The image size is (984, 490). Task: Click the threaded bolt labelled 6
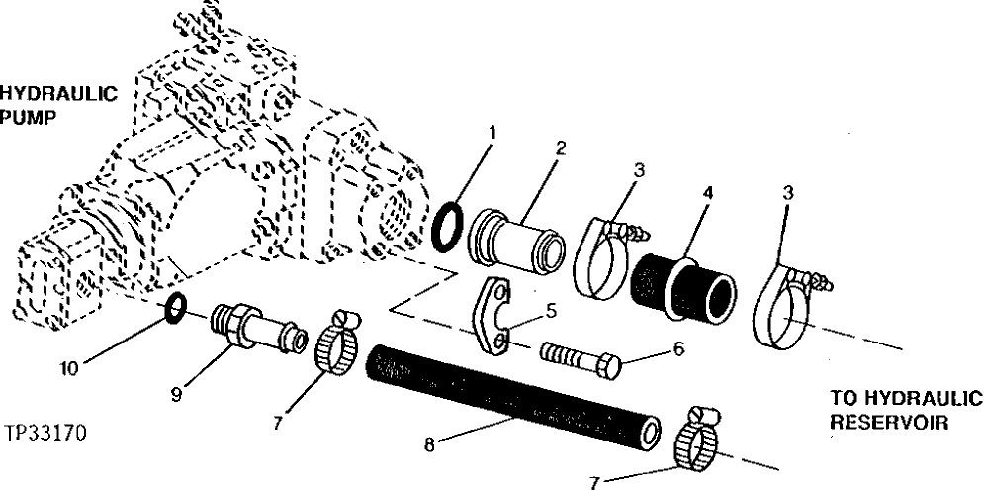[581, 358]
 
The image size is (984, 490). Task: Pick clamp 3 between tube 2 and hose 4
[602, 254]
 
